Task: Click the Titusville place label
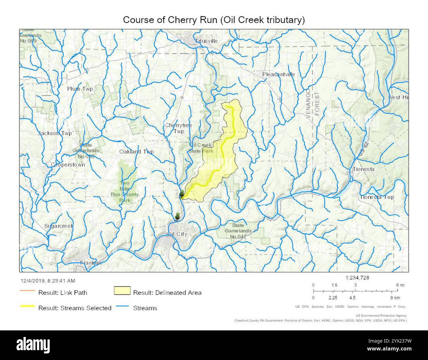206,41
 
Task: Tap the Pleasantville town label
279,74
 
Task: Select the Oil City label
177,234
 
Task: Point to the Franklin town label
91,263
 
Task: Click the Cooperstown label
68,165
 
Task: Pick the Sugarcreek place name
59,226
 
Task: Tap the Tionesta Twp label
377,197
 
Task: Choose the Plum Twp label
80,89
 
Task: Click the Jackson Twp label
55,133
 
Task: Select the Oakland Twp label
136,152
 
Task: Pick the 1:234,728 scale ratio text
358,278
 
